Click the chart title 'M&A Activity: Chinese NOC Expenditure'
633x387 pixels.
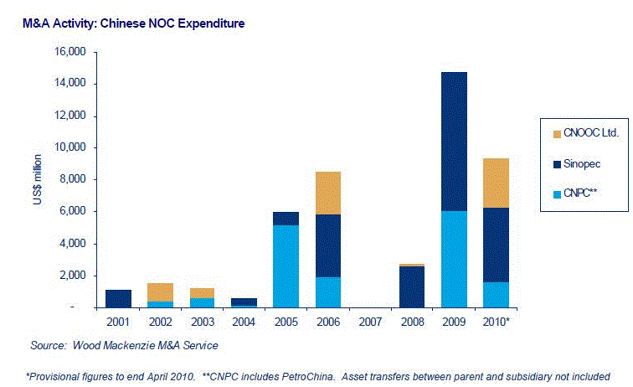coord(133,23)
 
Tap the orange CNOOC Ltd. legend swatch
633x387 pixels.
coord(556,132)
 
